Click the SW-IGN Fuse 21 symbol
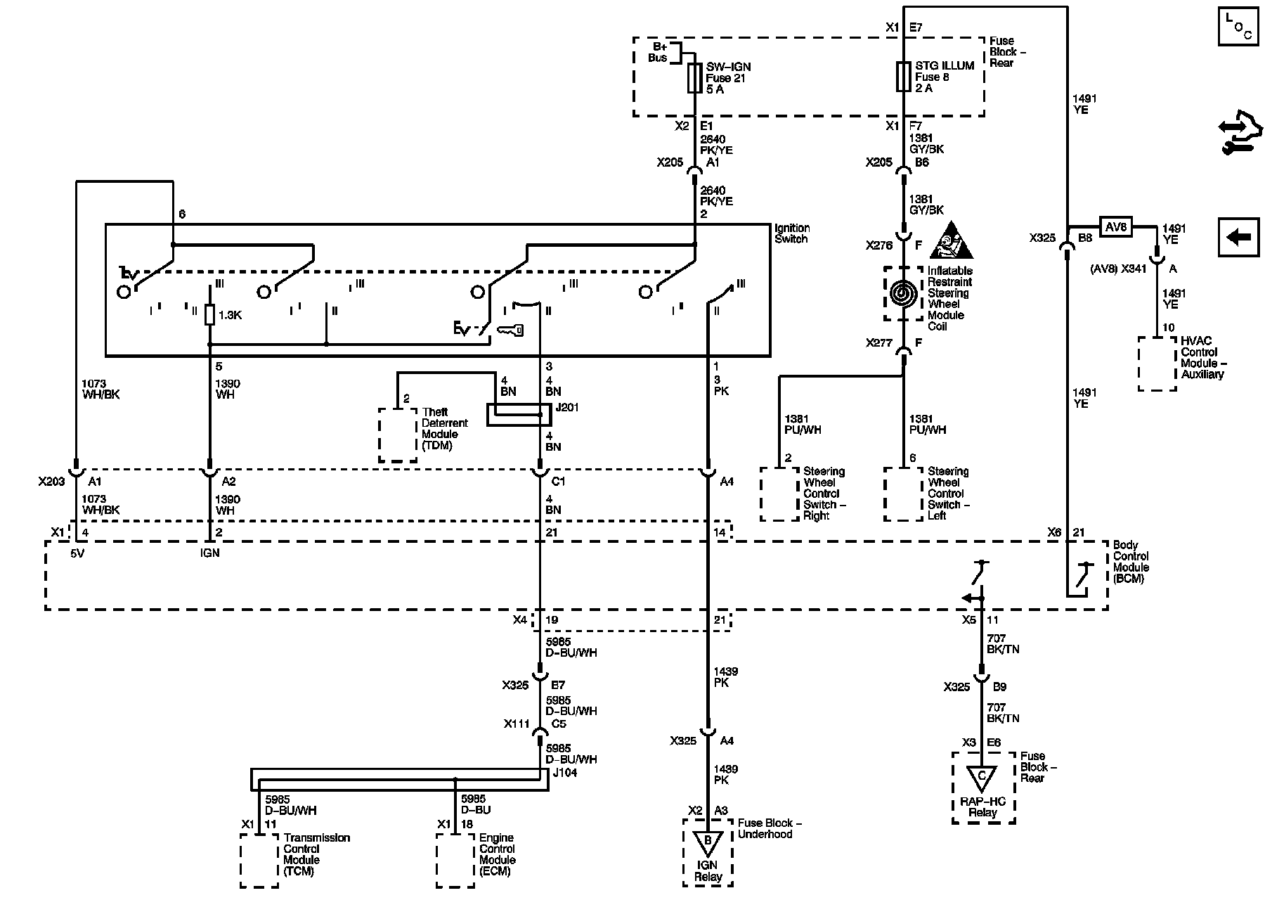[x=695, y=77]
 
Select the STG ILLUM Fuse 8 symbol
[x=903, y=77]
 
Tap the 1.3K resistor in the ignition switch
[x=209, y=315]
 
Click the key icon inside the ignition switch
[x=510, y=329]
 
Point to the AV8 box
[x=1115, y=227]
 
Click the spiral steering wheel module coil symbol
[x=903, y=294]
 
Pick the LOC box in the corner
[x=1238, y=27]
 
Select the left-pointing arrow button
[x=1238, y=237]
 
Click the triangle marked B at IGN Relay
[x=708, y=841]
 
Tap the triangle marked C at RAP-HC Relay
[x=982, y=777]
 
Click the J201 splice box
[x=519, y=415]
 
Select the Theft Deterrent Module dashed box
[x=398, y=435]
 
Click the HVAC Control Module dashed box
[x=1157, y=364]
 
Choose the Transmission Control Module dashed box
[x=259, y=861]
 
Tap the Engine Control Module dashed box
[x=455, y=861]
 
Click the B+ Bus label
[x=659, y=52]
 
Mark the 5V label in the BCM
[x=77, y=553]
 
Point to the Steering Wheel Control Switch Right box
[x=779, y=494]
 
